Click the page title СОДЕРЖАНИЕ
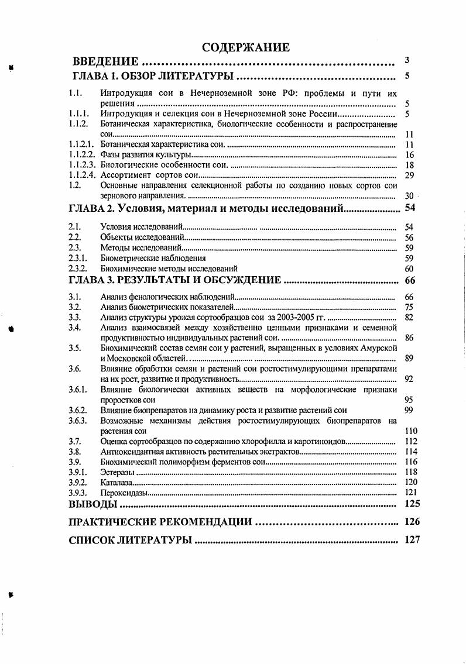(x=245, y=47)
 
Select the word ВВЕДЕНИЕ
(x=105, y=61)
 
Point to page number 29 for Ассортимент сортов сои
(x=409, y=175)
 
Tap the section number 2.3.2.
(x=78, y=269)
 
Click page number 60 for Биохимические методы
(x=409, y=269)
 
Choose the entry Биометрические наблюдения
(x=153, y=258)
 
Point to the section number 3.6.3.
(x=78, y=421)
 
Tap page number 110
(x=411, y=431)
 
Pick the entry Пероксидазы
(x=124, y=493)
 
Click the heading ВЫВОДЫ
(x=92, y=504)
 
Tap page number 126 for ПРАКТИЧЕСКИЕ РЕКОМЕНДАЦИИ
(x=412, y=521)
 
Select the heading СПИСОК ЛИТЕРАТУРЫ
(x=130, y=540)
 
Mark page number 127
(x=412, y=540)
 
